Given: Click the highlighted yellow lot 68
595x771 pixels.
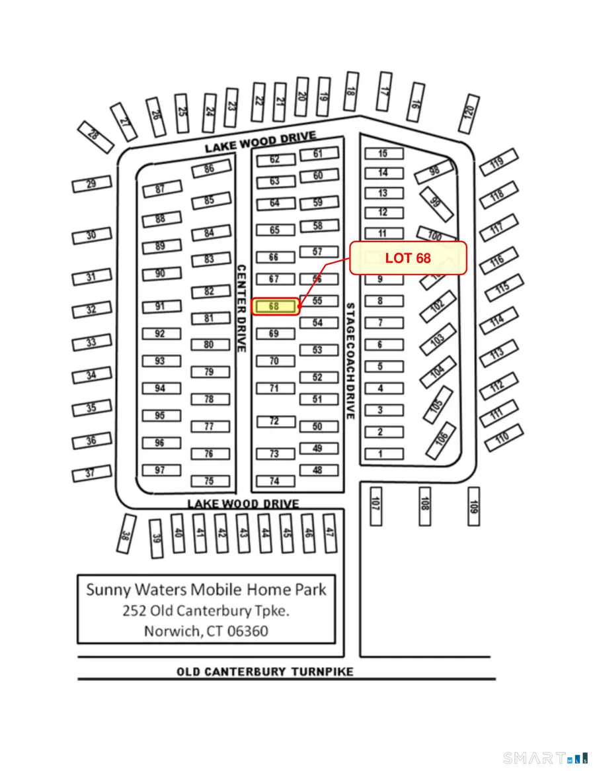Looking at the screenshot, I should pos(274,307).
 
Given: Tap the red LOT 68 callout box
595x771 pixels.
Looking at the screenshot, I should pos(408,258).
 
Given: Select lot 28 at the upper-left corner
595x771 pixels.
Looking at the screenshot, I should pos(93,136).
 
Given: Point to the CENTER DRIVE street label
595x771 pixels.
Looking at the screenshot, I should pos(241,308).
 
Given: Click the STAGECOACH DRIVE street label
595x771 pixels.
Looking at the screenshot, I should pos(350,361).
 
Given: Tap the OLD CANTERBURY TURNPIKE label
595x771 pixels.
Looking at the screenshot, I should pos(264,672).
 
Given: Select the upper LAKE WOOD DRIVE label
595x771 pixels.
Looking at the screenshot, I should pos(260,142).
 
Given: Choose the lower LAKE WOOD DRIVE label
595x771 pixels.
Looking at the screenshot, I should pos(243,504).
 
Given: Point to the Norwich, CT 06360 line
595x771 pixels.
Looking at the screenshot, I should pos(206,631).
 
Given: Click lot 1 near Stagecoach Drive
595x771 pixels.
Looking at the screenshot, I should pos(381,454).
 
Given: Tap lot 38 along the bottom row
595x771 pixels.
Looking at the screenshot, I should pos(125,533).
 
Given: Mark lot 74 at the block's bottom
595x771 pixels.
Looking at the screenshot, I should pos(274,481).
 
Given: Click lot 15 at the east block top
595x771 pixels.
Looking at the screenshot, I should pos(383,154).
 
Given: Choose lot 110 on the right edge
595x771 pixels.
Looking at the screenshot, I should pos(504,436).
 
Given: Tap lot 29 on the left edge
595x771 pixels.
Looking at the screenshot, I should pos(91,184).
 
